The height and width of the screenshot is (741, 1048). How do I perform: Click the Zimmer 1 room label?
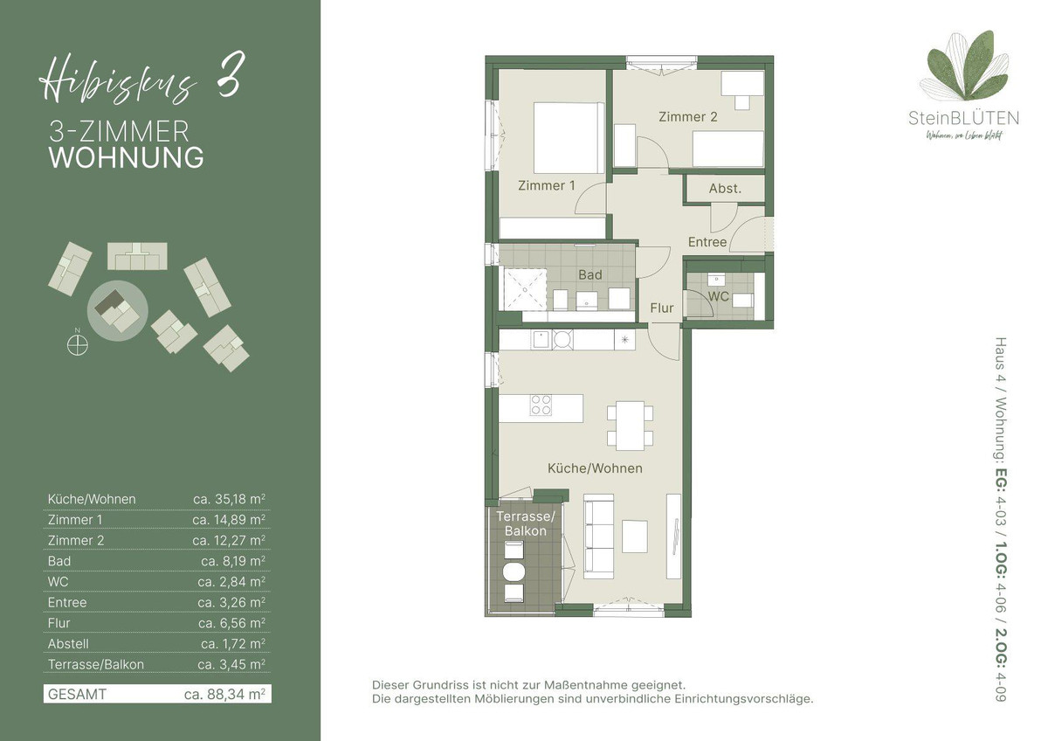547,186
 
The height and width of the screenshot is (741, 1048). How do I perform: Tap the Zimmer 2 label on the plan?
688,116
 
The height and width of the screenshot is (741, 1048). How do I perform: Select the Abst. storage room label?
725,189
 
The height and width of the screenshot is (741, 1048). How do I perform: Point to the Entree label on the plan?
707,242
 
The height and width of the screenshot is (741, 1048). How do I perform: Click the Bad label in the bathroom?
590,274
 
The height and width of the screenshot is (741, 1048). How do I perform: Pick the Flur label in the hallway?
662,308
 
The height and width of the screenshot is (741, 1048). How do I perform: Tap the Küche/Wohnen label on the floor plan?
595,468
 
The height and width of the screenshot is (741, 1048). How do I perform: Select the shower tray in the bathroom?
525,289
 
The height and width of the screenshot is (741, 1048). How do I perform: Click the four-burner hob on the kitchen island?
541,405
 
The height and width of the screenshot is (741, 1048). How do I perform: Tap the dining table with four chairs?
631,426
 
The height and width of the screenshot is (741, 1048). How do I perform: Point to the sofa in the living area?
599,537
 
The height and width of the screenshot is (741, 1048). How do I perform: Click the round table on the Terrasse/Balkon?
514,571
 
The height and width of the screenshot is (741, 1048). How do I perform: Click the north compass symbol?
77,344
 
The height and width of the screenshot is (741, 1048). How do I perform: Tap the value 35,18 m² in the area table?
229,499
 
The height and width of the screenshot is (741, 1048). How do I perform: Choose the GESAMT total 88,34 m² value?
225,694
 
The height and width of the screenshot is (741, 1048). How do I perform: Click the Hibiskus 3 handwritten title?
141,77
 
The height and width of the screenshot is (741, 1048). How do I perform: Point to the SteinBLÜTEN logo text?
963,118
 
